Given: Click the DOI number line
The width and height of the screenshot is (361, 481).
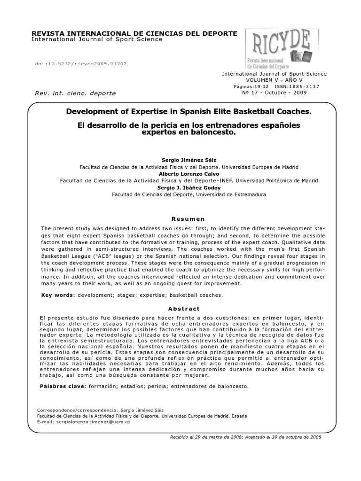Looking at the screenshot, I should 81,63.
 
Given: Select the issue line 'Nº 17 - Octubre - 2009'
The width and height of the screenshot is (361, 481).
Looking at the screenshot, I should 274,93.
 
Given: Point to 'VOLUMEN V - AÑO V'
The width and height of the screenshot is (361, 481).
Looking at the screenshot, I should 274,80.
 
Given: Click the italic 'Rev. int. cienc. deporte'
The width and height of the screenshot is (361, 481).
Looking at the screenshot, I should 75,93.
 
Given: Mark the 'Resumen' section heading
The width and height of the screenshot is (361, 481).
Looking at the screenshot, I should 188,219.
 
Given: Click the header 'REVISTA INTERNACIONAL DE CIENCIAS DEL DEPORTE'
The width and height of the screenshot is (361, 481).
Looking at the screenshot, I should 134,33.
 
